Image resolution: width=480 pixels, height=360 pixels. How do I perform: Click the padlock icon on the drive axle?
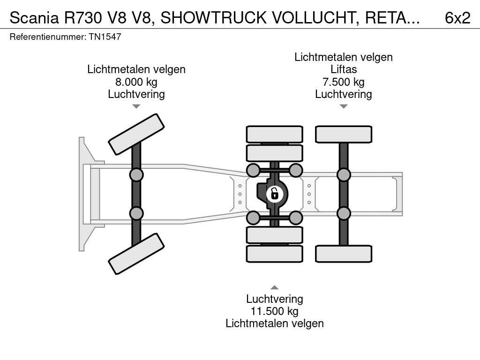click(x=275, y=193)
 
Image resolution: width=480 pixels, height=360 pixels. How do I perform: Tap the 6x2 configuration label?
click(x=457, y=18)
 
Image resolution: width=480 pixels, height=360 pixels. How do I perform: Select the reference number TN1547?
click(x=105, y=37)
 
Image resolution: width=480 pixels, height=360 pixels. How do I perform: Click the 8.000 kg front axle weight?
click(x=136, y=82)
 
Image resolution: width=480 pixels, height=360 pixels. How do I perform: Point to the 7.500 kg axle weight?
click(x=343, y=82)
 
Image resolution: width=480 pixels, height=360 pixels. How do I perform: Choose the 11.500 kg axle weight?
click(x=274, y=311)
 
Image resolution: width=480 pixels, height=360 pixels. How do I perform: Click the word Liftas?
click(x=343, y=69)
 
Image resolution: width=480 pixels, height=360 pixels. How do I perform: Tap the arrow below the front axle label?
click(x=136, y=106)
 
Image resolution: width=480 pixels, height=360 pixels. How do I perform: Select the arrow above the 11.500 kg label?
click(x=274, y=287)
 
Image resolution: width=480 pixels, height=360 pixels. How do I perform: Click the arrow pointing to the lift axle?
click(x=343, y=106)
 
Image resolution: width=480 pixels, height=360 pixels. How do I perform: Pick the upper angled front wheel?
click(x=136, y=134)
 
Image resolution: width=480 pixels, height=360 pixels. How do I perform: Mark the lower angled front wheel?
click(x=136, y=254)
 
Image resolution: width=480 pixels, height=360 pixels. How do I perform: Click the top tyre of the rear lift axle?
click(x=343, y=135)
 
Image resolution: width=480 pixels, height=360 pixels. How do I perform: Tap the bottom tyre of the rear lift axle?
click(x=343, y=254)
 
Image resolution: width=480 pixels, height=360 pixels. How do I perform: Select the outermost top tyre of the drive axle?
click(x=274, y=134)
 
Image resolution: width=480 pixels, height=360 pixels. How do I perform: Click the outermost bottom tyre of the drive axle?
click(x=274, y=254)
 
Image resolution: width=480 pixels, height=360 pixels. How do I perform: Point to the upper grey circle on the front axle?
click(x=136, y=175)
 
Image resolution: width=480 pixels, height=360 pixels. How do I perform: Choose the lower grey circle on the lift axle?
click(x=344, y=213)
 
